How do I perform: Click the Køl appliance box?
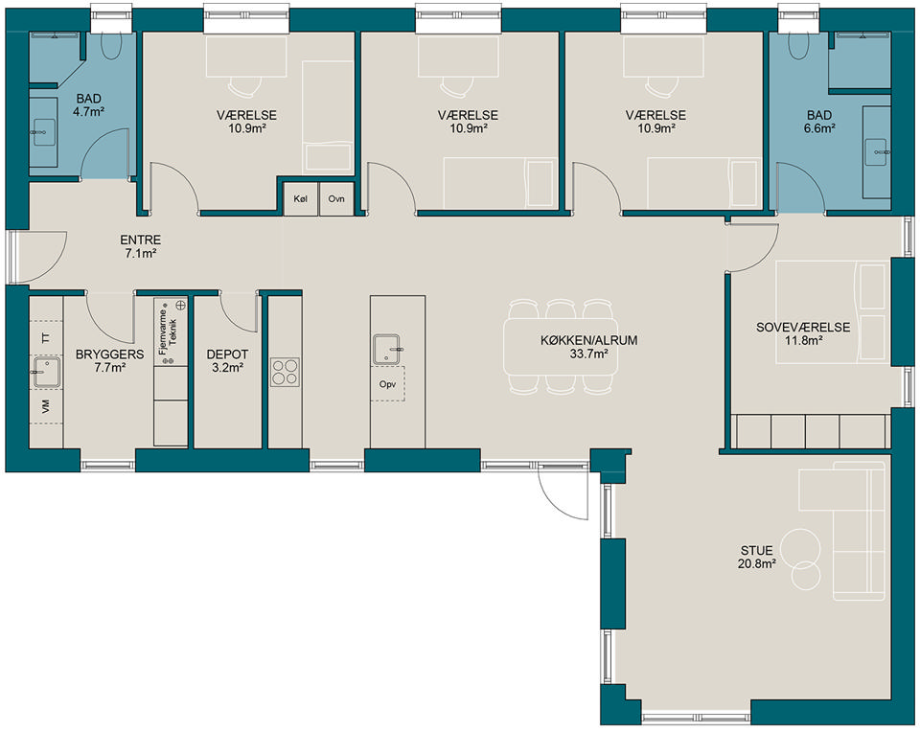click(x=300, y=199)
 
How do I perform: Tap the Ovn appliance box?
click(x=336, y=199)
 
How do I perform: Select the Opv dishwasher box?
click(x=387, y=384)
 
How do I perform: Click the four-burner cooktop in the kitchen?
click(x=285, y=373)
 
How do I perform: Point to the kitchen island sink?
click(x=387, y=349)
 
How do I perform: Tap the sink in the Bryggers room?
click(x=46, y=373)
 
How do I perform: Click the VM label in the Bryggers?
click(x=46, y=406)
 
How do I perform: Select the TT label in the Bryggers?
click(x=46, y=338)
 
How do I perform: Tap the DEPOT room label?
click(x=227, y=355)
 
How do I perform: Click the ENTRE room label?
click(x=140, y=240)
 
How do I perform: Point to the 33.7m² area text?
click(x=588, y=354)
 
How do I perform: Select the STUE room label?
click(x=756, y=551)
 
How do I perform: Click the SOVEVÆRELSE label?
click(x=803, y=328)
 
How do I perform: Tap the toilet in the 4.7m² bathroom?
click(x=111, y=45)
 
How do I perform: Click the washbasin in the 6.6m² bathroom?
click(x=877, y=152)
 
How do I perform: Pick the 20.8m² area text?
click(x=757, y=564)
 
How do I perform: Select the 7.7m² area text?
click(x=109, y=368)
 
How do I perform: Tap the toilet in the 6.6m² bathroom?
click(x=798, y=45)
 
